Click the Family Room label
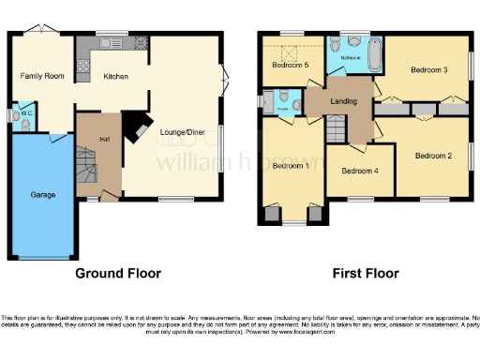(x=42, y=75)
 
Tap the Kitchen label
(x=115, y=77)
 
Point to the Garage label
(x=42, y=195)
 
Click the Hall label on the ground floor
(x=104, y=141)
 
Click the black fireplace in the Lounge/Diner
(x=138, y=127)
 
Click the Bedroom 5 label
(x=291, y=65)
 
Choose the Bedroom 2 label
(x=433, y=156)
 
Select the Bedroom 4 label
(x=360, y=171)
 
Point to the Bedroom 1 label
(x=291, y=166)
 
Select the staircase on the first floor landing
(x=336, y=127)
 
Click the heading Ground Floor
(x=117, y=274)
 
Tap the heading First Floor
(x=366, y=274)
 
